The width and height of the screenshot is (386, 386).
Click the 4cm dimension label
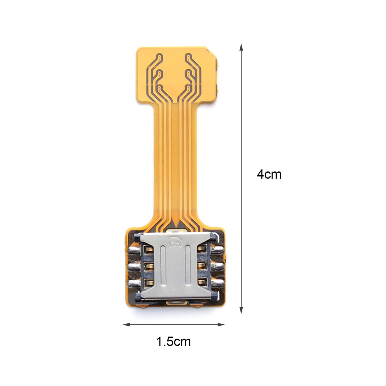(x=269, y=175)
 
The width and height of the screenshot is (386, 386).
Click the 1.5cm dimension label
(x=173, y=342)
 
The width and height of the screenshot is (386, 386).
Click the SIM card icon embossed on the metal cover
(x=175, y=242)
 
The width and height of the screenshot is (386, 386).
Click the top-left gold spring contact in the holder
(x=148, y=249)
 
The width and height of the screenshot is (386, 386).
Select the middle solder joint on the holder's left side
(x=133, y=267)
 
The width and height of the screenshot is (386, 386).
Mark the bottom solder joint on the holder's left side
(x=133, y=283)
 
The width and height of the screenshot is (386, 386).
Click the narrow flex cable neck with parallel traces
(x=175, y=158)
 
